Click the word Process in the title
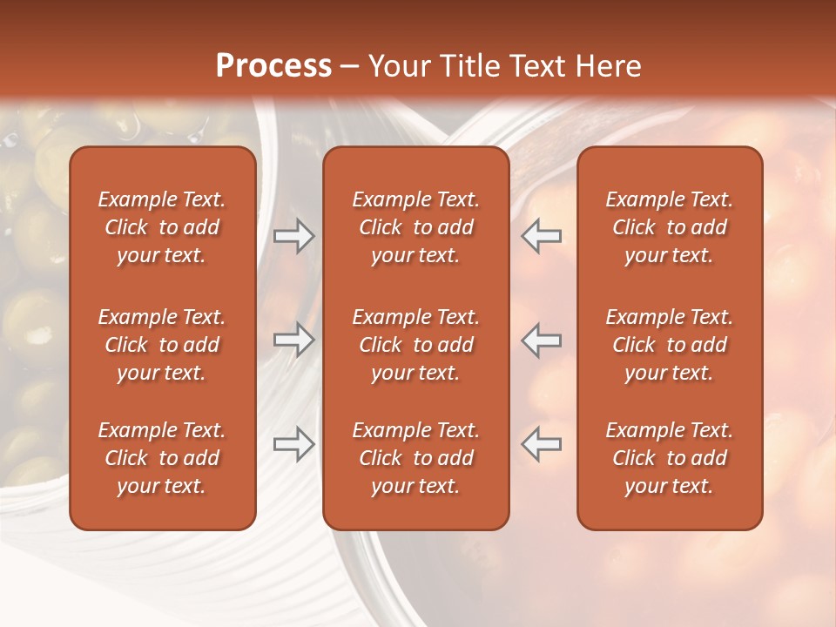click(x=273, y=66)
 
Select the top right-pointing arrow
click(x=294, y=236)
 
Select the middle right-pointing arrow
click(x=294, y=340)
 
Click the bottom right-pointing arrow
click(x=294, y=444)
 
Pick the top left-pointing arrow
click(x=542, y=236)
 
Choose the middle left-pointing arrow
click(x=542, y=340)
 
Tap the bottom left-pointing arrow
click(x=542, y=444)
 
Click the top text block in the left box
click(x=162, y=227)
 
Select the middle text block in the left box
click(x=162, y=345)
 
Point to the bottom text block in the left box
click(x=162, y=458)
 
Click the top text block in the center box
click(x=416, y=227)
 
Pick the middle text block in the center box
click(x=416, y=345)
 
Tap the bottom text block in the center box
click(x=416, y=458)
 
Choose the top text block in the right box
click(x=670, y=227)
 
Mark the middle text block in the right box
click(x=670, y=345)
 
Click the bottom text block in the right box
click(x=670, y=458)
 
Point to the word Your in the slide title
click(x=397, y=66)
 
